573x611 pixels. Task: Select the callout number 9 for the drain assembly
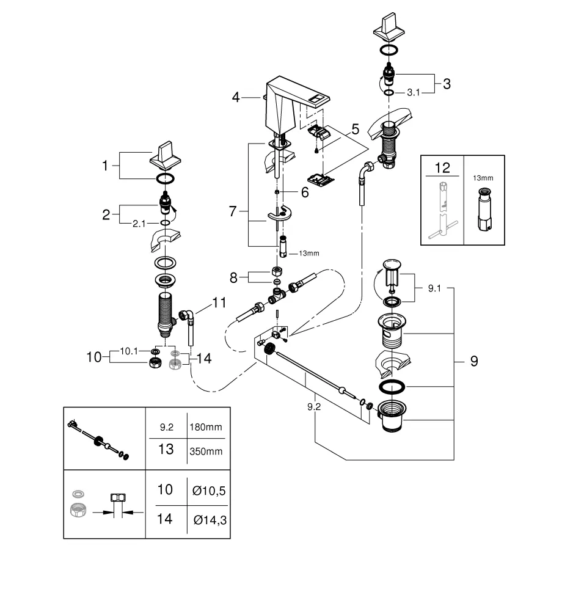(473, 361)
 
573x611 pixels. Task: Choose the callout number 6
(304, 192)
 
